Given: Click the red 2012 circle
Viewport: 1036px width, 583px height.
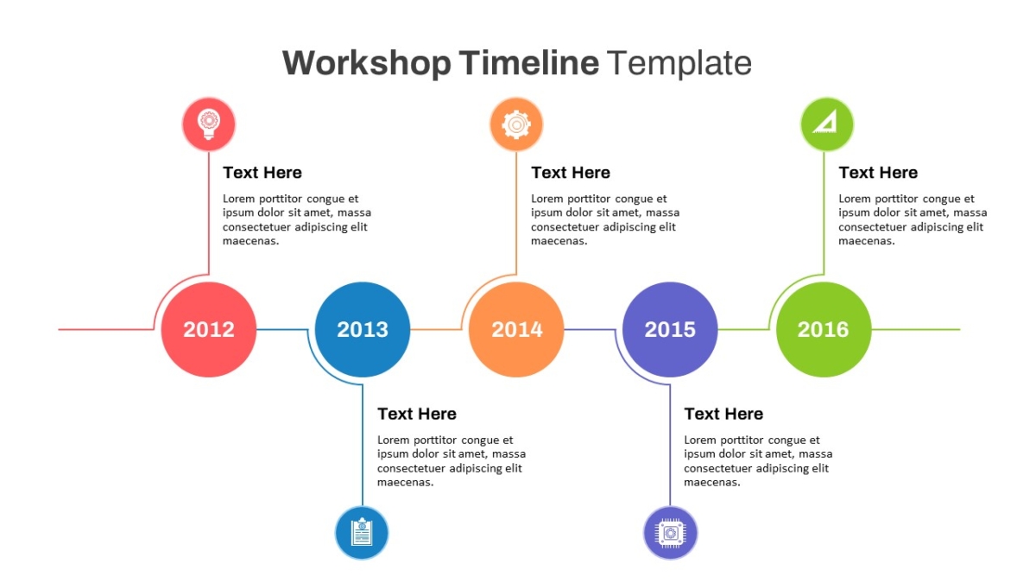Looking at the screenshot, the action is coord(209,329).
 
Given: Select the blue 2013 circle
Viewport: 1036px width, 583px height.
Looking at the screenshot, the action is coord(363,329).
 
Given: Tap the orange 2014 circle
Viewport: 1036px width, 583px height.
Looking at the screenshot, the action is coord(516,329).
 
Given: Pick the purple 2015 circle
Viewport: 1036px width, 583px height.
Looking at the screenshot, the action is coord(670,329).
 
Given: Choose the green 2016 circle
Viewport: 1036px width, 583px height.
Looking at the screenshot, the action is coord(824,329).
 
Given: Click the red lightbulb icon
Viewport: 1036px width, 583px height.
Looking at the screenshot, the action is coord(209,124).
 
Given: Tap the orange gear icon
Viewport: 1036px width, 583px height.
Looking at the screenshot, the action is coord(516,124).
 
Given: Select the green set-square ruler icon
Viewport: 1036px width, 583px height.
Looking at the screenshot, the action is coord(827,124).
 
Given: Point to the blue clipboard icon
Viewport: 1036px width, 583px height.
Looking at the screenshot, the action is coord(362,533).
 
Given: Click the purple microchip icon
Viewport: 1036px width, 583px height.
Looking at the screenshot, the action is coord(670,533).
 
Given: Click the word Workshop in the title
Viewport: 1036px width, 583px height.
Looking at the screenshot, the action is coord(367,63).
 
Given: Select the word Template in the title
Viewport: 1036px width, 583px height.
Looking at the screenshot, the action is coord(679,63).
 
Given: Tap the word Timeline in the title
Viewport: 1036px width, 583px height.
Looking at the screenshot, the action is coord(529,62).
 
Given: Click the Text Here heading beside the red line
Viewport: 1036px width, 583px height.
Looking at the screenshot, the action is coord(262,173).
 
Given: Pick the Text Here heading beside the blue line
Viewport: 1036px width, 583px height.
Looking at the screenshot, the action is coord(417,414).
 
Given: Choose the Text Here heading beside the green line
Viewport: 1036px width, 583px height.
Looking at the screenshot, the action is coord(878,173).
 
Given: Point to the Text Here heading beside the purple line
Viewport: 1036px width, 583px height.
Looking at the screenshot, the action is coord(723,414).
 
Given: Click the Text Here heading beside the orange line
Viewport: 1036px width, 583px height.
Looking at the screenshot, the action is coord(571,173).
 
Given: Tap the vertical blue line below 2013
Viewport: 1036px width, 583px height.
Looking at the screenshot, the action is coord(363,445).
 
